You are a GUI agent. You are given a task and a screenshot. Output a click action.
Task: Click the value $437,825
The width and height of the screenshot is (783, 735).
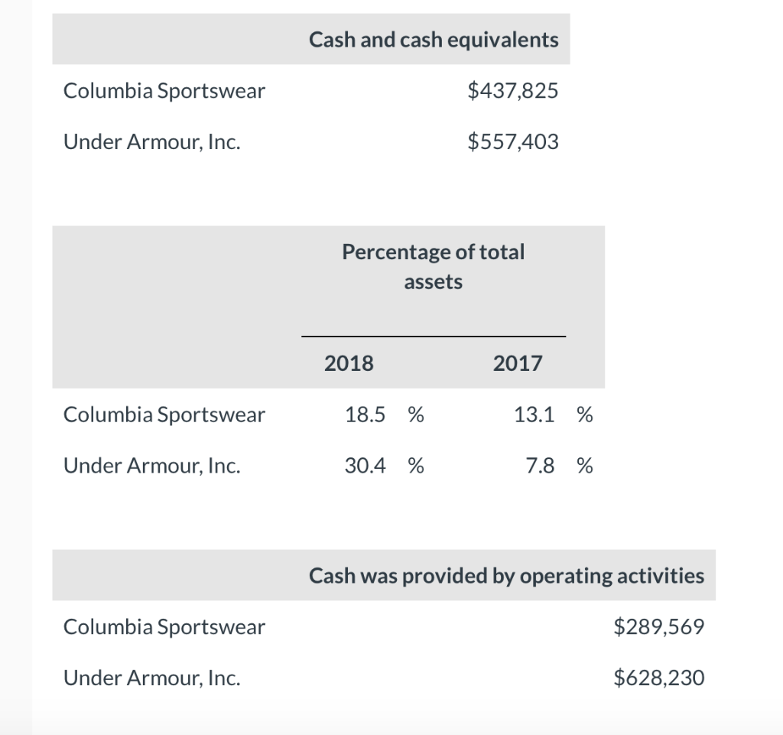click(512, 92)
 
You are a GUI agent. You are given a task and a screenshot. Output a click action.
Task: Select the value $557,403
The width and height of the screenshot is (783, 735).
click(512, 142)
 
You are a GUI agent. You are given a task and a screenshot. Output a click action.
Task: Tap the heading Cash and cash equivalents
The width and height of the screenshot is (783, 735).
click(434, 40)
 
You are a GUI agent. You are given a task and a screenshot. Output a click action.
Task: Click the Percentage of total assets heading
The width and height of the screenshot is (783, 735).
click(434, 266)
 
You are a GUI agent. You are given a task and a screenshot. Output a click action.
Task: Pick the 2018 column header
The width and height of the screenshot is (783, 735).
click(349, 363)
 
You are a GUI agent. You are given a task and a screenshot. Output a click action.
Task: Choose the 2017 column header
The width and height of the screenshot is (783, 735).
click(518, 363)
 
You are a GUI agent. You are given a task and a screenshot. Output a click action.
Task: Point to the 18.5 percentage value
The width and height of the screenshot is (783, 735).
click(366, 415)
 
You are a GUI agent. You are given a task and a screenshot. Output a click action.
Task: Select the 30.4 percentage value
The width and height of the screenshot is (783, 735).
click(366, 466)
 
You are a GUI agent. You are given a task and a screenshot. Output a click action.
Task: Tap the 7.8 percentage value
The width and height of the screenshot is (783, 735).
click(540, 466)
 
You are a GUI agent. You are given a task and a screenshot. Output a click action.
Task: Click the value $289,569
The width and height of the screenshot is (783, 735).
click(659, 627)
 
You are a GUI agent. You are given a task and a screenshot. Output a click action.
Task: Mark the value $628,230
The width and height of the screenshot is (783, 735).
click(659, 678)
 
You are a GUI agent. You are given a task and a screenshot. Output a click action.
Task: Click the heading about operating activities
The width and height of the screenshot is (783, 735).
click(506, 575)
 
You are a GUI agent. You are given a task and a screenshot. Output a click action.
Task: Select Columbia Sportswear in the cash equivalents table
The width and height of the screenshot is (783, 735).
click(164, 92)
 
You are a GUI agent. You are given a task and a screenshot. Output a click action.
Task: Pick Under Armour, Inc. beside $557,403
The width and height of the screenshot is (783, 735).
click(152, 142)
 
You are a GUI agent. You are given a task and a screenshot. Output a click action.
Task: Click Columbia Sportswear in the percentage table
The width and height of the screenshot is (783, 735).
click(164, 415)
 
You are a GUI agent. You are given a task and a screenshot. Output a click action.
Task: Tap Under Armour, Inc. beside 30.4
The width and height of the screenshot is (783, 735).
click(152, 466)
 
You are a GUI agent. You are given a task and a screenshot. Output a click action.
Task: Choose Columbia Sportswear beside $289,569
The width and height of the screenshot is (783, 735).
click(164, 627)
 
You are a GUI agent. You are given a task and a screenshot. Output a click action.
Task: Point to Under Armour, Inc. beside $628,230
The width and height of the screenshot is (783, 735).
click(152, 678)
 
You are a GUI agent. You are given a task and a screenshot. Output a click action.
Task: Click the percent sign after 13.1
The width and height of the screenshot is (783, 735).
click(585, 415)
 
